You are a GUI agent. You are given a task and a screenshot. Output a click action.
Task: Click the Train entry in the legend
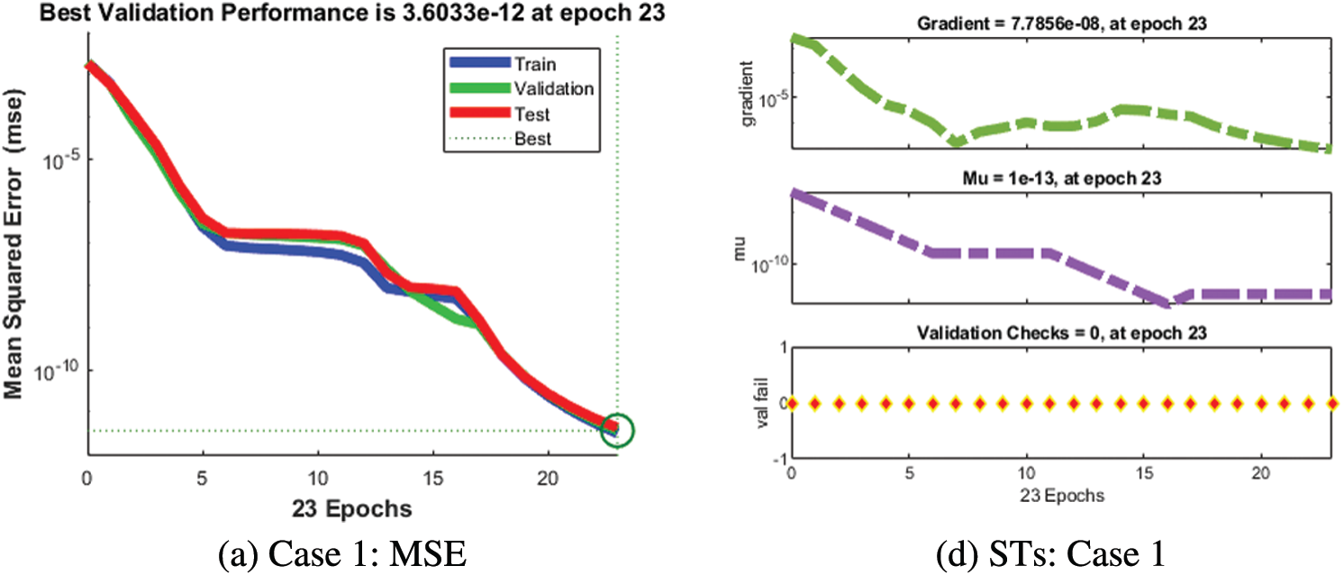click(x=535, y=64)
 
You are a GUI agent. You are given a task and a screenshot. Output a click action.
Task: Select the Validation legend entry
click(x=553, y=88)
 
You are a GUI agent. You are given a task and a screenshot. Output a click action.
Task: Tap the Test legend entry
click(x=531, y=114)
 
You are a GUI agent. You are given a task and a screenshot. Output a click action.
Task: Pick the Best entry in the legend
click(x=532, y=139)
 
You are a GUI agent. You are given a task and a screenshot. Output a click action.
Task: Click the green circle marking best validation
click(x=615, y=429)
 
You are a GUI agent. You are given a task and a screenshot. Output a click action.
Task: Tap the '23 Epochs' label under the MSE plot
click(x=352, y=508)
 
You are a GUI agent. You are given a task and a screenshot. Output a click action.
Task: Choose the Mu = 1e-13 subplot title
click(x=1063, y=178)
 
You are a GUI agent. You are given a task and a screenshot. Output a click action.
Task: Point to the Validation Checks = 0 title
click(x=1063, y=333)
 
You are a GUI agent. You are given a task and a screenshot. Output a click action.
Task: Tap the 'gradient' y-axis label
click(x=747, y=92)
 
